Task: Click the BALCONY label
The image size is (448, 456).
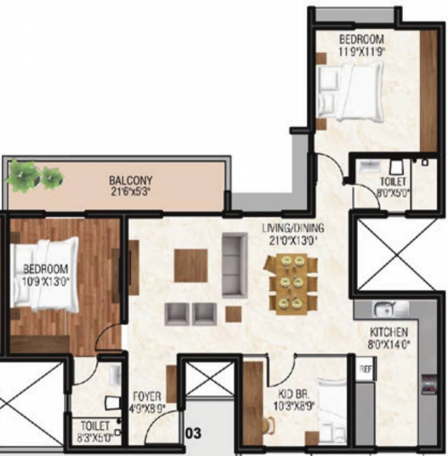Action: click(x=131, y=180)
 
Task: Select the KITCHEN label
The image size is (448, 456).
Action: click(x=389, y=332)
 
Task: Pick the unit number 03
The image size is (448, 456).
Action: click(x=194, y=433)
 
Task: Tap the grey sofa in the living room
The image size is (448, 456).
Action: click(x=234, y=265)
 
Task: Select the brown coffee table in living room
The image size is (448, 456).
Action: click(x=190, y=265)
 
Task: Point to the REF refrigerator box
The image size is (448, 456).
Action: click(x=366, y=369)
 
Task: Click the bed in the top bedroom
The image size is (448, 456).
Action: click(x=350, y=92)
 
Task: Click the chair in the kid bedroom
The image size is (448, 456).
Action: click(x=269, y=425)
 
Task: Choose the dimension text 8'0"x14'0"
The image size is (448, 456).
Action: click(x=389, y=343)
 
